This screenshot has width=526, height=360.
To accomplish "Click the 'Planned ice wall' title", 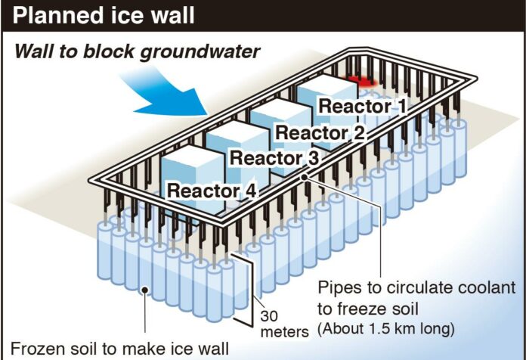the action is (x=104, y=16).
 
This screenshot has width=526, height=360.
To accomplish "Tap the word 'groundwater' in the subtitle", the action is (x=200, y=52).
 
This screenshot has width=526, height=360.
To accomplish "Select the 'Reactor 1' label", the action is (x=362, y=106).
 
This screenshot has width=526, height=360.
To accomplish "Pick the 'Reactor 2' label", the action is (x=320, y=132).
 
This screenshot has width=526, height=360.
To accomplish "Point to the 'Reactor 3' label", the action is (x=274, y=158).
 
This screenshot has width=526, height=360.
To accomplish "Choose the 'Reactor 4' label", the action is (x=212, y=191).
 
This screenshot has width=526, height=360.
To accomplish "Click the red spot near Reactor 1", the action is (x=362, y=81).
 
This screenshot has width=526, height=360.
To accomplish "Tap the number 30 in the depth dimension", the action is (x=269, y=316).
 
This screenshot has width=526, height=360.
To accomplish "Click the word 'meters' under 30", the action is (x=284, y=332).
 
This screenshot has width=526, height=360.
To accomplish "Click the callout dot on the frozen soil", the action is (x=145, y=290).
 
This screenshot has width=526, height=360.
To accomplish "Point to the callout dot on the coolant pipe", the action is (x=305, y=177).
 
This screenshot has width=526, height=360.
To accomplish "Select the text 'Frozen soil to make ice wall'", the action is (x=119, y=349).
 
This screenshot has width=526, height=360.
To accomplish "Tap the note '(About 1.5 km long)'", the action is (x=385, y=329).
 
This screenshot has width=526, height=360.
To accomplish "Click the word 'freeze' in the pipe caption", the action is (x=362, y=309).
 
